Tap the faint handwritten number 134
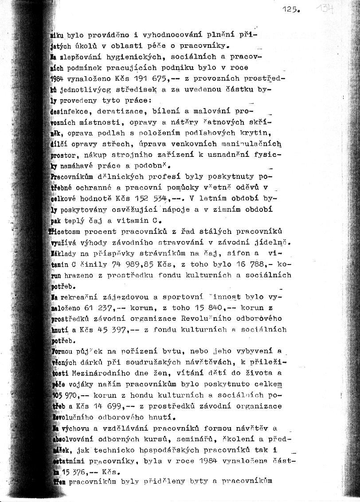[325, 8]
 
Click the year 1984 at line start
[57, 78]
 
